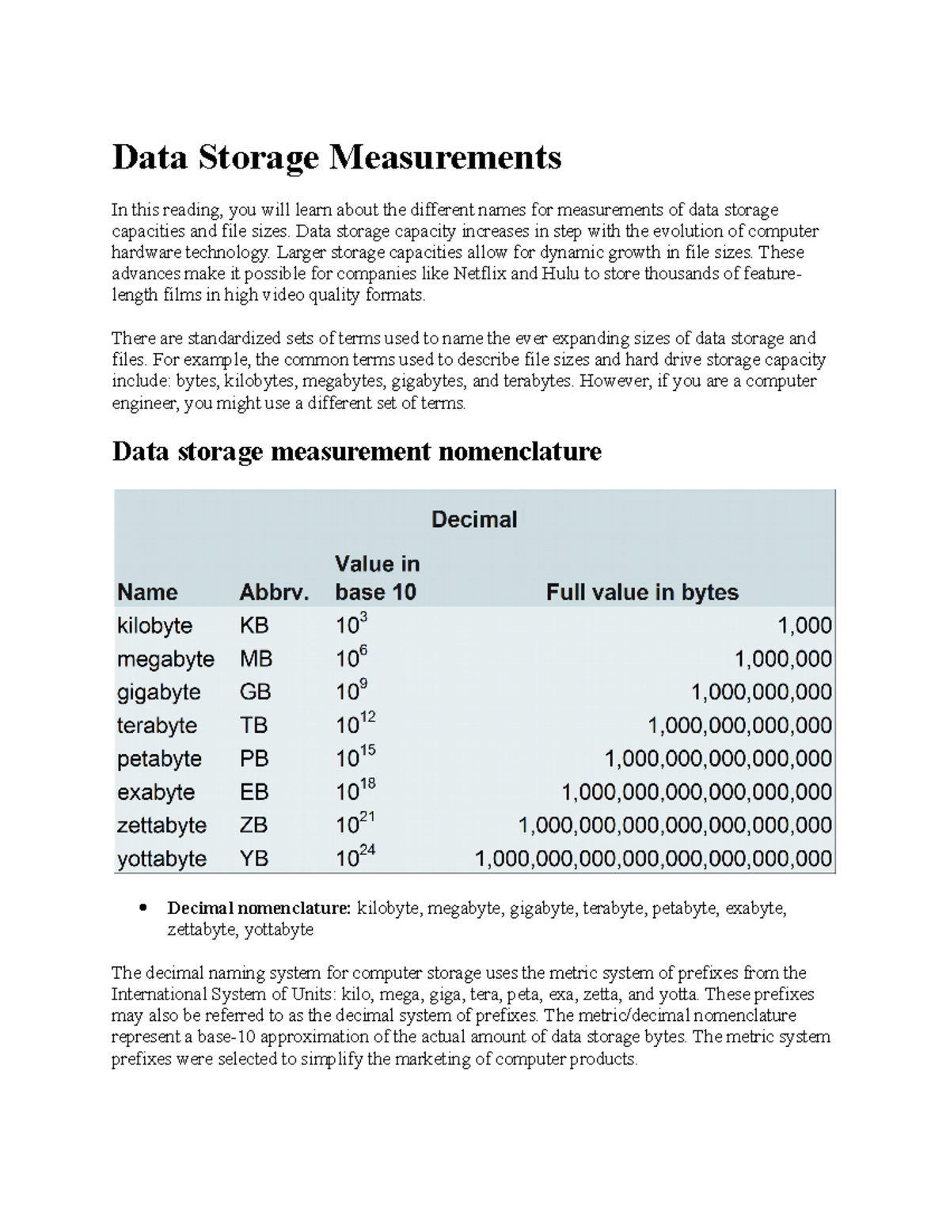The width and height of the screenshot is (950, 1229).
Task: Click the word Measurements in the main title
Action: [445, 157]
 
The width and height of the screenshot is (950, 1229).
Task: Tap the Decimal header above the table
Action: [473, 519]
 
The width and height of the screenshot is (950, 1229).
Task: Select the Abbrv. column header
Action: [274, 592]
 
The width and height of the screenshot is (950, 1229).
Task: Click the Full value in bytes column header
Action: [642, 592]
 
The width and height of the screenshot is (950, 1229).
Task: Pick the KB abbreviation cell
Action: [254, 625]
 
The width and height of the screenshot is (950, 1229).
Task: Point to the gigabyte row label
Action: [158, 692]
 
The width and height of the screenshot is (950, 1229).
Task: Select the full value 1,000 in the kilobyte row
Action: [804, 625]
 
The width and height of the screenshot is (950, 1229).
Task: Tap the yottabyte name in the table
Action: [161, 859]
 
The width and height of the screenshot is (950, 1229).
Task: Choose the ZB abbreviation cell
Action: [254, 825]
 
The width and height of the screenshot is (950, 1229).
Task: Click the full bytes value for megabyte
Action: [783, 659]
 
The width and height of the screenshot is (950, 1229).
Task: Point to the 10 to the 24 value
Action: [355, 856]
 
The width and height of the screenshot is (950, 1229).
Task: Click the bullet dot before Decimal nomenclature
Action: [143, 908]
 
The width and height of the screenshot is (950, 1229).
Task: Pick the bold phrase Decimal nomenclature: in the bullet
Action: [259, 908]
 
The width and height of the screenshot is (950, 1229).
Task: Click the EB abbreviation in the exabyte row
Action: [254, 792]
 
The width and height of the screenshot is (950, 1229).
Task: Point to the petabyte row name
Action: [159, 759]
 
